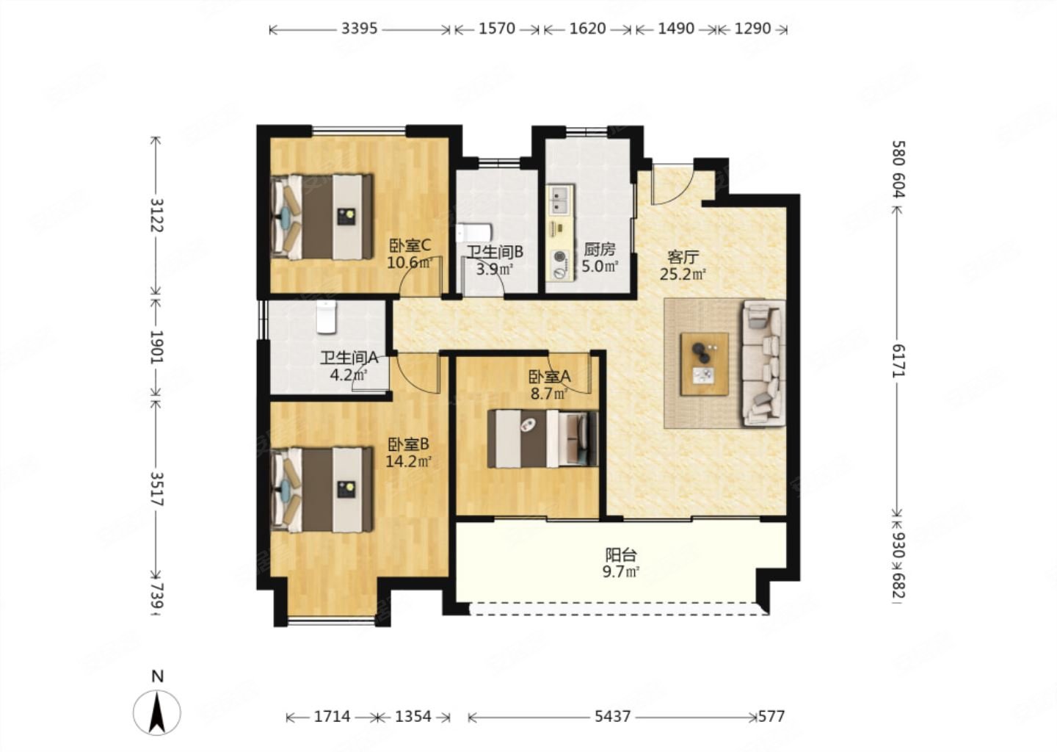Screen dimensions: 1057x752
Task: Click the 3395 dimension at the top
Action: (x=359, y=29)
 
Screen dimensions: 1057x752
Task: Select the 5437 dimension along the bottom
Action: (x=612, y=717)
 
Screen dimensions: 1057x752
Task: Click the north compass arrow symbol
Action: (x=157, y=712)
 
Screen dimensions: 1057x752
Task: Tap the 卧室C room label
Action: (x=410, y=245)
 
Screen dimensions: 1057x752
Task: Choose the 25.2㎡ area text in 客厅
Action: (x=683, y=274)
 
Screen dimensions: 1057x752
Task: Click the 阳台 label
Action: (x=621, y=554)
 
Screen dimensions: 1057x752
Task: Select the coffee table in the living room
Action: (x=704, y=364)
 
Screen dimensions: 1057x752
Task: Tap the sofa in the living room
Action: (x=764, y=364)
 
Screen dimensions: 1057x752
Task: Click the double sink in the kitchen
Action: (x=560, y=200)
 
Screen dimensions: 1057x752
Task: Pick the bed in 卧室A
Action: (x=542, y=439)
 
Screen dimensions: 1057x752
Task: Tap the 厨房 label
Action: (x=600, y=249)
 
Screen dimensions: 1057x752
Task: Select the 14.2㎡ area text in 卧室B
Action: (x=409, y=461)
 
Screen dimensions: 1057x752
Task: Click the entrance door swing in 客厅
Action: (x=672, y=184)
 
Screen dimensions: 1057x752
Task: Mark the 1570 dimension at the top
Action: (x=497, y=29)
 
